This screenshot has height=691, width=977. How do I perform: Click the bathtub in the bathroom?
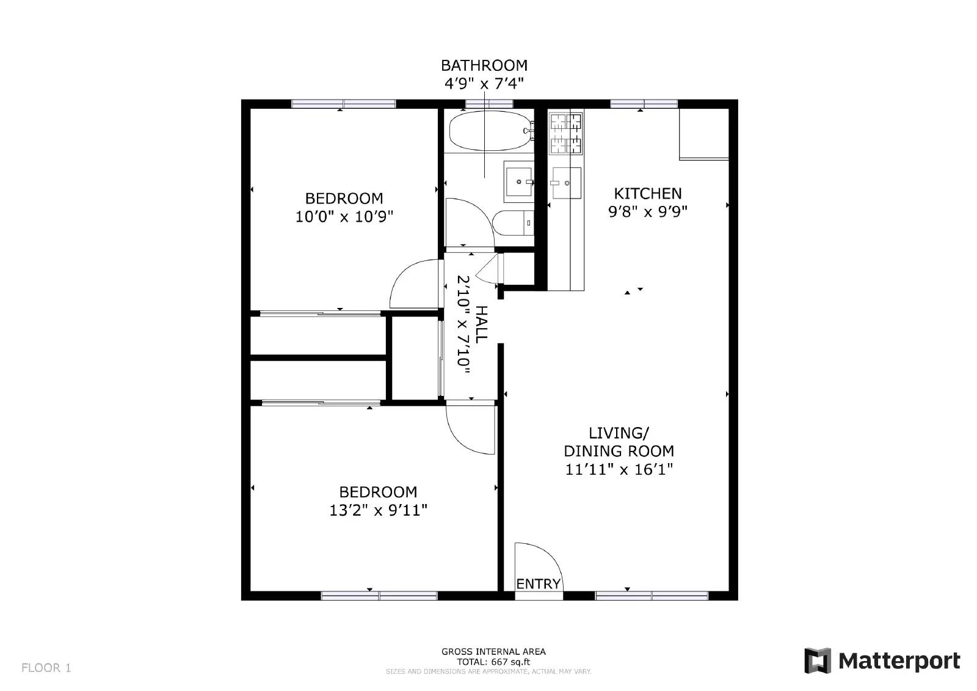pyautogui.click(x=488, y=130)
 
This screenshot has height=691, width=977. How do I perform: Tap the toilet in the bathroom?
pyautogui.click(x=513, y=223)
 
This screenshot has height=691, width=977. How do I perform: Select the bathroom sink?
pyautogui.click(x=518, y=181)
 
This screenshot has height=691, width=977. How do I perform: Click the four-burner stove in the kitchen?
pyautogui.click(x=565, y=134)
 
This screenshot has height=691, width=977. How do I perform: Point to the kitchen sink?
pyautogui.click(x=566, y=182)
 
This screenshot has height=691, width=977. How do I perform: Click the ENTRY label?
pyautogui.click(x=538, y=584)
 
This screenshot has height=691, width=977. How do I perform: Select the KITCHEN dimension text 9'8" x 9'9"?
pyautogui.click(x=648, y=212)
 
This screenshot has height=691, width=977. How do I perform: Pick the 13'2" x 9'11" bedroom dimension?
pyautogui.click(x=378, y=510)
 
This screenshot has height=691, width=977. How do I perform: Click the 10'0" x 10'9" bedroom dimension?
pyautogui.click(x=344, y=216)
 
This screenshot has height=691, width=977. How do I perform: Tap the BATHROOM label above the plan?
pyautogui.click(x=484, y=65)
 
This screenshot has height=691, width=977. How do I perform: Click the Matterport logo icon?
pyautogui.click(x=818, y=660)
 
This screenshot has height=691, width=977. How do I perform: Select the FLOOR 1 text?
pyautogui.click(x=46, y=668)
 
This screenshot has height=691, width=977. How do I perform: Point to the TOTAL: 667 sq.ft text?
pyautogui.click(x=493, y=662)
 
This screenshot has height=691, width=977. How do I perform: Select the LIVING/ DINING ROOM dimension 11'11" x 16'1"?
pyautogui.click(x=619, y=469)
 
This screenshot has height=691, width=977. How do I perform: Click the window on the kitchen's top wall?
pyautogui.click(x=644, y=104)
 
